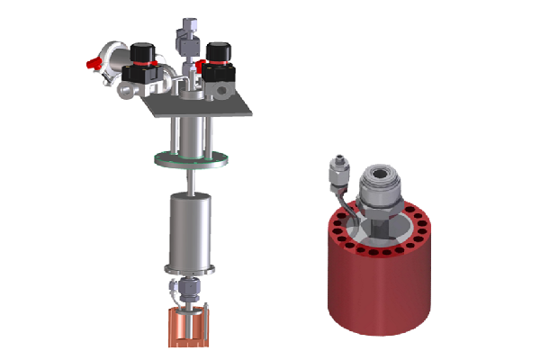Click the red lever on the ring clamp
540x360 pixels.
(x=91, y=64)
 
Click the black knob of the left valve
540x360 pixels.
(x=139, y=52)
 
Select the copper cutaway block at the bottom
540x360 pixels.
(x=186, y=328)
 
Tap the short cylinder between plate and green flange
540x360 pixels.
(x=189, y=135)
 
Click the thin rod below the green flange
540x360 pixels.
(x=191, y=181)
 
